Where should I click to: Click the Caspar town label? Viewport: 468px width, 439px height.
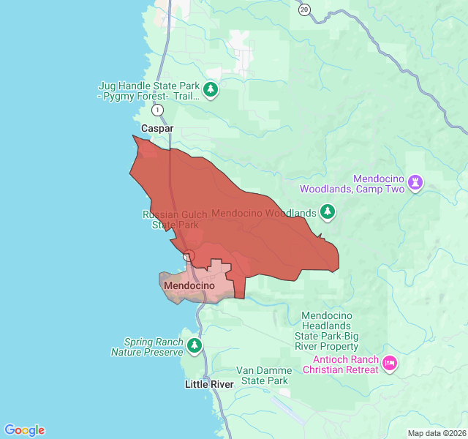pos(157,128)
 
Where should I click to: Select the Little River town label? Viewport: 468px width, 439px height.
pos(209,384)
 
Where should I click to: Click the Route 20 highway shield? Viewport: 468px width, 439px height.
pos(304,9)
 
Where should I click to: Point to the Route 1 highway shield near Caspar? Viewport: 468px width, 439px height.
pos(157,110)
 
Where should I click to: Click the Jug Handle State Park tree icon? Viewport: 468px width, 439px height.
pos(211,90)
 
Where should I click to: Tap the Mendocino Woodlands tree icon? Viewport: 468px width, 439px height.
pos(328,213)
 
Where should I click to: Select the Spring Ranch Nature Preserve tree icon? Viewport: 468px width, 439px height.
pos(195,346)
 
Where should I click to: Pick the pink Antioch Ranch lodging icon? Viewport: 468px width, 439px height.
pos(390,364)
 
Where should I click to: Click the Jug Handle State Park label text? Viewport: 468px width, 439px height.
pos(149,90)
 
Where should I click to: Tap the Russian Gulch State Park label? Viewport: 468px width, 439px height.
pos(170,219)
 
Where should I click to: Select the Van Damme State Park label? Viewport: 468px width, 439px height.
pos(263,375)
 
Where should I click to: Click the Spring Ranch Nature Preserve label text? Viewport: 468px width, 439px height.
pos(146,347)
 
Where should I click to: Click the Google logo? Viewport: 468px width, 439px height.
pos(24,430)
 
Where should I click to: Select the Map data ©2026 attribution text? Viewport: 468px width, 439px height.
pos(437,433)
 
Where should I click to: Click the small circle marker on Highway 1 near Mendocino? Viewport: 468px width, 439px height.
pos(188,255)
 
